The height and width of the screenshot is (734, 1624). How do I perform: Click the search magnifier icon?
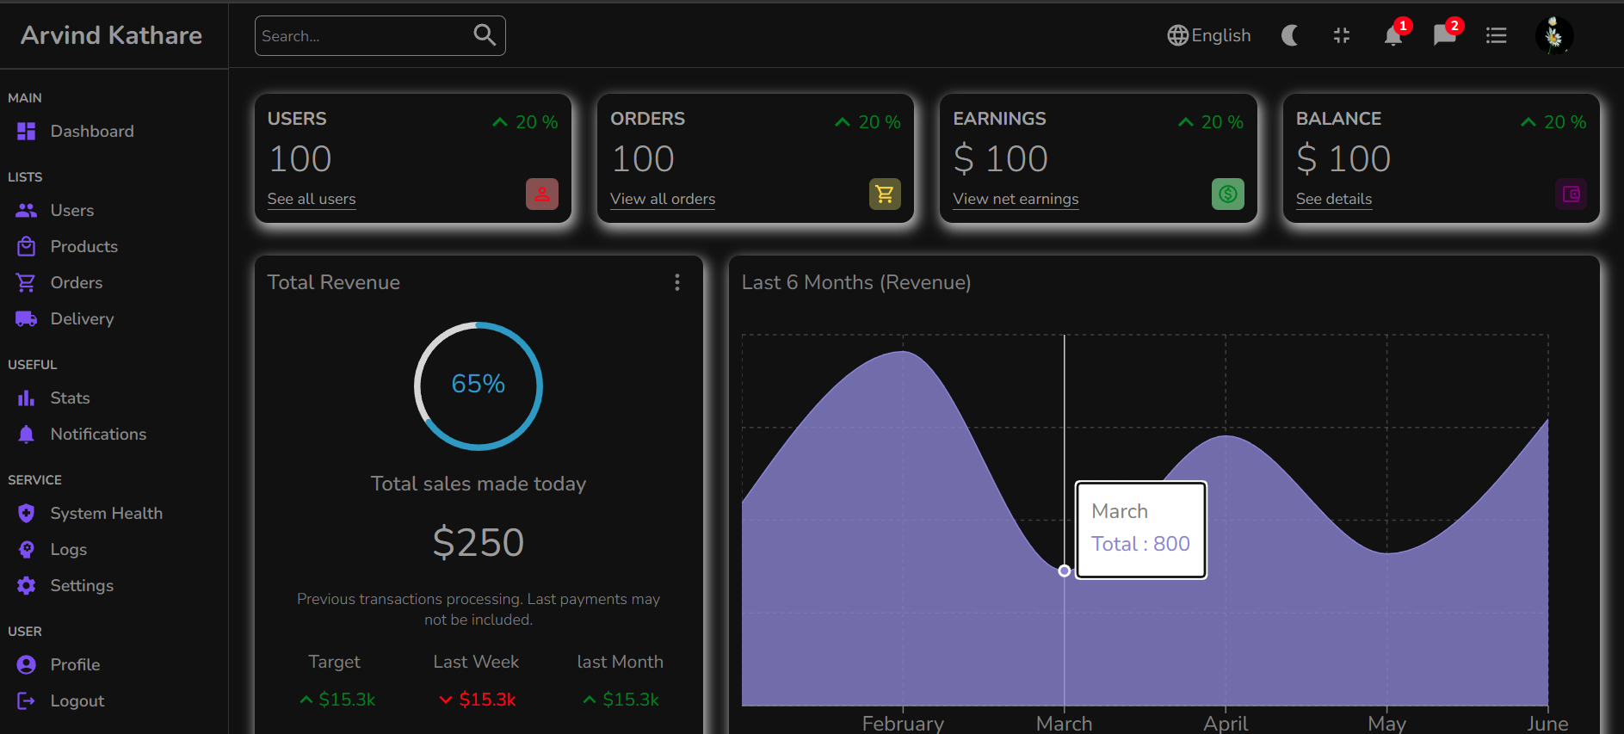click(x=485, y=34)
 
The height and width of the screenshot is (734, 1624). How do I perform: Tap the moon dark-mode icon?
click(x=1289, y=35)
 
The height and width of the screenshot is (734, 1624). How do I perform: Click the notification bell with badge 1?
click(x=1392, y=35)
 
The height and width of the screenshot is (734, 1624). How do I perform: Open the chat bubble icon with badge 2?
click(x=1444, y=35)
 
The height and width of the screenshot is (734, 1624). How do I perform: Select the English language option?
click(x=1209, y=35)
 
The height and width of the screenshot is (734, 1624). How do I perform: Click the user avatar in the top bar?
click(x=1553, y=35)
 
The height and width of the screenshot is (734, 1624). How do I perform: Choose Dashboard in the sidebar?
click(x=91, y=131)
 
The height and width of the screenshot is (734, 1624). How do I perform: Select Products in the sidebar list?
click(x=83, y=246)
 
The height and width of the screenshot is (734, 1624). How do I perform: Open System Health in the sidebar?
click(x=106, y=513)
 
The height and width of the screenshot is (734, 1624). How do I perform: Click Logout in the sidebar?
click(x=77, y=700)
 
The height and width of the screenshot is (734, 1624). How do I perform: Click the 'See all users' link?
click(x=312, y=199)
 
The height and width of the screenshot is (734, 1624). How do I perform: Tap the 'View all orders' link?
click(x=663, y=199)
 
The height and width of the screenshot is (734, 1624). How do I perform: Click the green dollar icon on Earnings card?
click(x=1227, y=194)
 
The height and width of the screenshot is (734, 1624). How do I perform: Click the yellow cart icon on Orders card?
click(x=885, y=194)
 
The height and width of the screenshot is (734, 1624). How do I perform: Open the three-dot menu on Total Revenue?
click(x=677, y=282)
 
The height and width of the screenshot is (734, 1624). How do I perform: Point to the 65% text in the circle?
click(x=479, y=384)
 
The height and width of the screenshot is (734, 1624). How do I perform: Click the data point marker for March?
click(x=1065, y=571)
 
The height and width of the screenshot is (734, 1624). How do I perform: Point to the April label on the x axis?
click(x=1226, y=723)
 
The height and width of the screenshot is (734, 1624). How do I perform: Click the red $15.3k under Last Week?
click(x=487, y=700)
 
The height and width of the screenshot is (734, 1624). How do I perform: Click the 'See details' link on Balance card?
click(x=1334, y=199)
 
